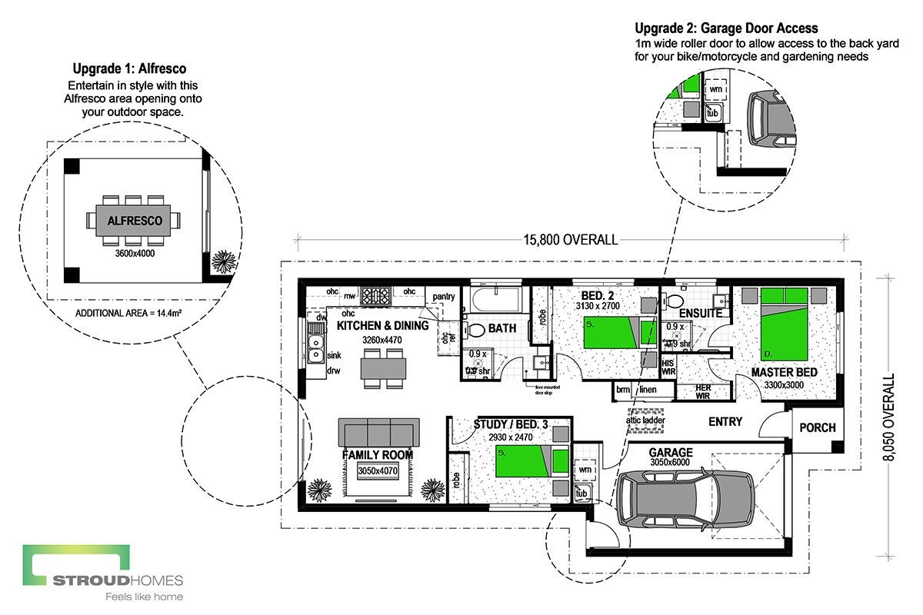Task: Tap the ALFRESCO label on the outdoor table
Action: coord(135,221)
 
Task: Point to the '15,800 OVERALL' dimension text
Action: coord(570,240)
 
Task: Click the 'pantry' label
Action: coord(444,296)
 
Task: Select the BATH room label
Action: coord(502,328)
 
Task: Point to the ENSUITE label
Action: coord(700,314)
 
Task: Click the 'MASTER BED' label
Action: coord(785,373)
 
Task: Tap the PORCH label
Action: coord(818,427)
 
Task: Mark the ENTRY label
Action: coord(725,421)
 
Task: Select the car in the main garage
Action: coord(687,499)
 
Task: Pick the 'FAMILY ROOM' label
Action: coord(377,455)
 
